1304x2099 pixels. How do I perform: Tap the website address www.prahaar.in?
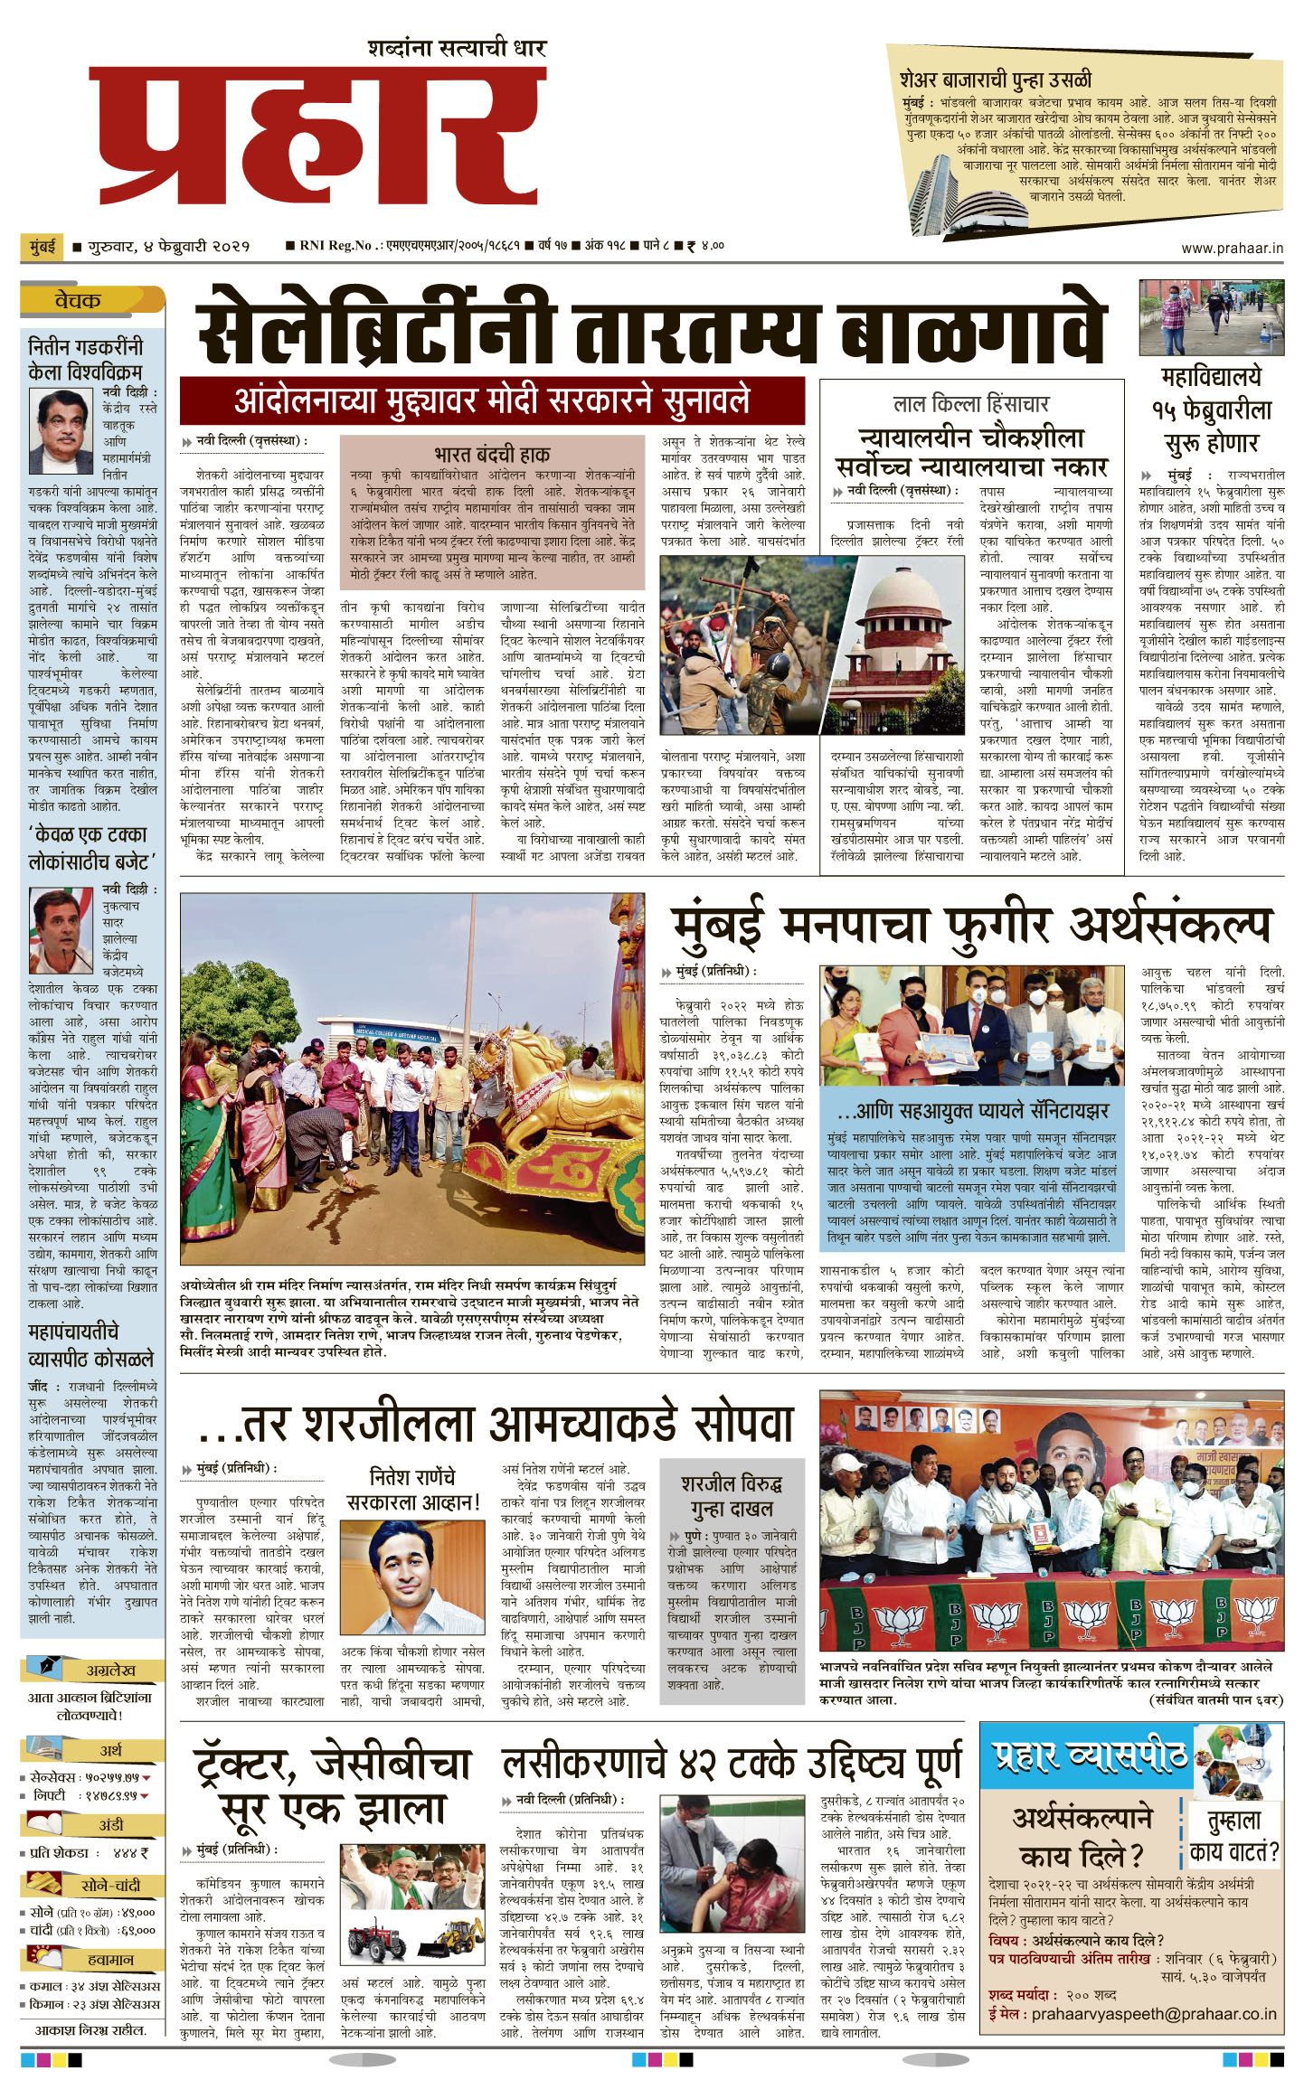coord(1232,249)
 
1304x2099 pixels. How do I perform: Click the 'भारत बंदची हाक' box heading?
coord(491,454)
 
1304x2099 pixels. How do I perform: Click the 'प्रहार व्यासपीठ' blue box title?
coord(1091,1755)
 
